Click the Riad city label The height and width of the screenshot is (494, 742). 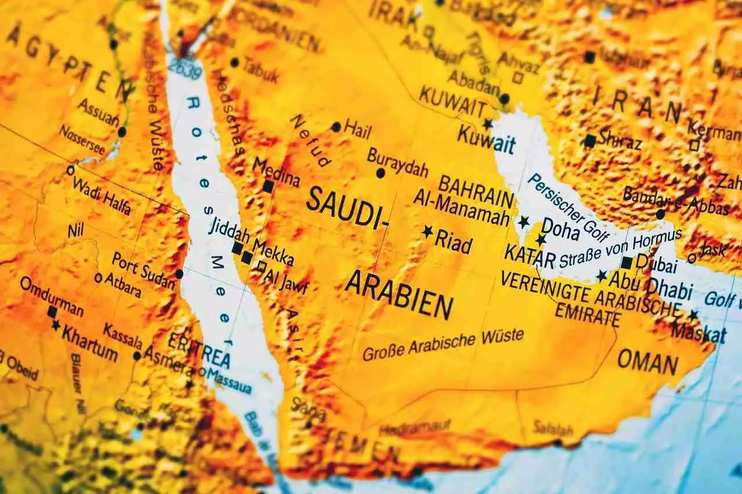[x=453, y=242]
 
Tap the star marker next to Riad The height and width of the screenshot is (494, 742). [x=428, y=232]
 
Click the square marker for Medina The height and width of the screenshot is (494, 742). [x=268, y=186]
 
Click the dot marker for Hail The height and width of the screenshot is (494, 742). [x=336, y=127]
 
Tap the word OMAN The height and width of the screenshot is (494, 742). [x=648, y=363]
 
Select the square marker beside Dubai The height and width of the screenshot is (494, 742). [x=626, y=262]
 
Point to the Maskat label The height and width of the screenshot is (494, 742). [x=699, y=333]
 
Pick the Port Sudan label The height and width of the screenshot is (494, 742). [x=143, y=269]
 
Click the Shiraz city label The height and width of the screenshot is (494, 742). [x=620, y=140]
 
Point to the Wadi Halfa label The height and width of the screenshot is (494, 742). [x=101, y=194]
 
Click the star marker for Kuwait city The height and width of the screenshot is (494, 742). [x=488, y=124]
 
